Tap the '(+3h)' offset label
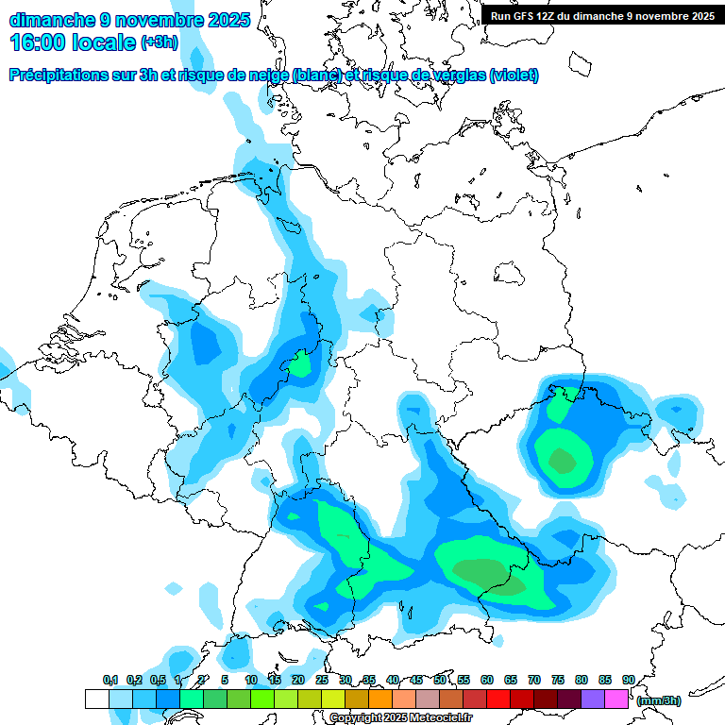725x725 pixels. pos(160,42)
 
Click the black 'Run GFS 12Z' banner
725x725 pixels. pos(601,16)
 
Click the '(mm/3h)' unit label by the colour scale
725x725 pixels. pos(659,700)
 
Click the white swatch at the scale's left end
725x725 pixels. pos(97,699)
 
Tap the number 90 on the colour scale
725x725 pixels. pos(629,680)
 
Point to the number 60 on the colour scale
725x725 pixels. pos(487,680)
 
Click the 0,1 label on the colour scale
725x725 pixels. pos(110,680)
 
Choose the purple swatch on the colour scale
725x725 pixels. pos(593,699)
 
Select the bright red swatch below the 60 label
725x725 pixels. pos(498,699)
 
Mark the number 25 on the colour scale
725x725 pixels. pos(322,680)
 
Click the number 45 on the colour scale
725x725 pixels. pos(416,680)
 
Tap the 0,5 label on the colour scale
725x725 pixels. pos(158,680)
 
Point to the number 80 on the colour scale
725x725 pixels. pos(582,680)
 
